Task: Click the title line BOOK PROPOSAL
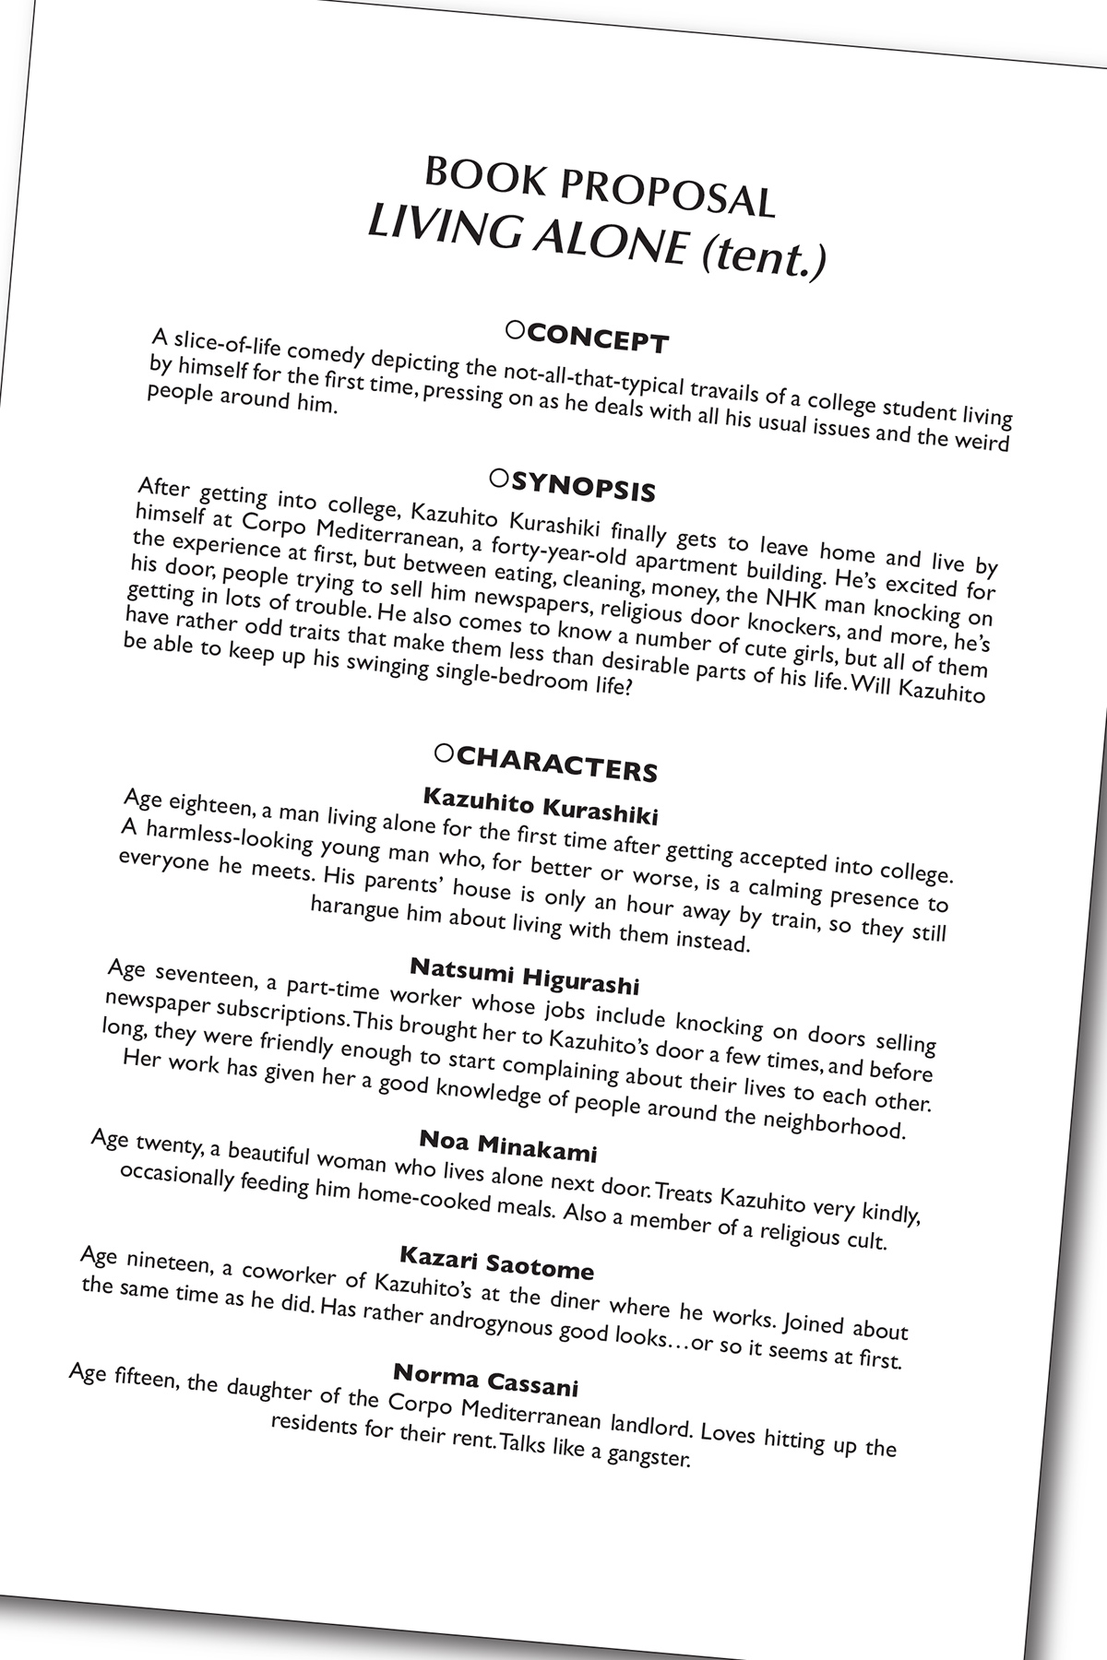pyautogui.click(x=599, y=188)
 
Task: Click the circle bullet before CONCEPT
pyautogui.click(x=517, y=327)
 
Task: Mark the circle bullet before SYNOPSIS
pyautogui.click(x=499, y=477)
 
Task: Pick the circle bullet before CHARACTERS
pyautogui.click(x=444, y=753)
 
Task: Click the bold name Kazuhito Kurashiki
pyautogui.click(x=541, y=806)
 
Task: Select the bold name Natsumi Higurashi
pyautogui.click(x=524, y=976)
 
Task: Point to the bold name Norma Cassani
pyautogui.click(x=486, y=1379)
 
